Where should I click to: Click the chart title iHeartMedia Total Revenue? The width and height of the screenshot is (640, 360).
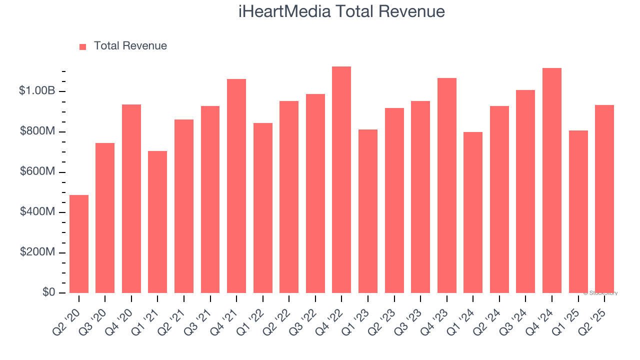(x=341, y=11)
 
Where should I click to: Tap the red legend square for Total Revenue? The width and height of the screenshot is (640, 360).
(x=83, y=46)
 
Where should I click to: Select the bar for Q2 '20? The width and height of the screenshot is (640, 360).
(x=79, y=244)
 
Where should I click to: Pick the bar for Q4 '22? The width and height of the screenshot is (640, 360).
(x=341, y=180)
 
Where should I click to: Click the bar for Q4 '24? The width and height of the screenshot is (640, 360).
(x=552, y=180)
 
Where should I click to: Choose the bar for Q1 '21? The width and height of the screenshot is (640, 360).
(x=157, y=222)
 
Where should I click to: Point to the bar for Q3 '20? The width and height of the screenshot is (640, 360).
(x=105, y=218)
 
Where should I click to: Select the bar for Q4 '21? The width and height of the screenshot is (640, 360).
(x=236, y=186)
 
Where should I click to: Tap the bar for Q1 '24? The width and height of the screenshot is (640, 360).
(x=473, y=212)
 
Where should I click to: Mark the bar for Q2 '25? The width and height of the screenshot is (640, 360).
(x=604, y=199)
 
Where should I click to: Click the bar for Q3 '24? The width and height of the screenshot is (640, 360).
(x=525, y=191)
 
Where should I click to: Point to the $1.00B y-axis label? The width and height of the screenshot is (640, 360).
(x=37, y=91)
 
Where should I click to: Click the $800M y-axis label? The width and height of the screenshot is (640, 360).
(x=37, y=131)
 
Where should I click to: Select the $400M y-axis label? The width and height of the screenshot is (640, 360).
(x=37, y=212)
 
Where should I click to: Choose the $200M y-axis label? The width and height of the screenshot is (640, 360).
(x=37, y=252)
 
